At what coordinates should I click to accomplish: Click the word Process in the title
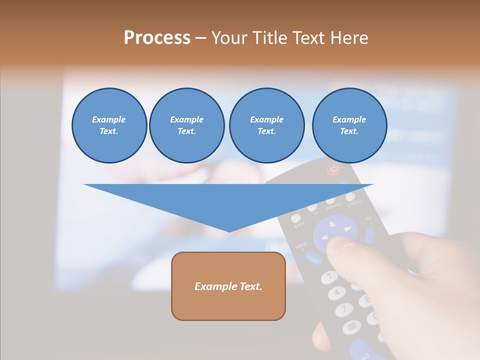tap(157, 38)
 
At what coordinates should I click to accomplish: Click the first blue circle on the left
tap(109, 125)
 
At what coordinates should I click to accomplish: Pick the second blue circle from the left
tap(187, 125)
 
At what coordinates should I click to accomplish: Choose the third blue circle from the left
tap(266, 125)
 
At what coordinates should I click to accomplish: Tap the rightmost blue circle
tap(349, 125)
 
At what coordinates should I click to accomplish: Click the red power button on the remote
tap(333, 169)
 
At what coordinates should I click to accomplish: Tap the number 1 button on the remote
tap(329, 275)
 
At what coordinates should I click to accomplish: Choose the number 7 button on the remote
tap(344, 309)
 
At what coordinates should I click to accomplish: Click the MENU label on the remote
tap(301, 246)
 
